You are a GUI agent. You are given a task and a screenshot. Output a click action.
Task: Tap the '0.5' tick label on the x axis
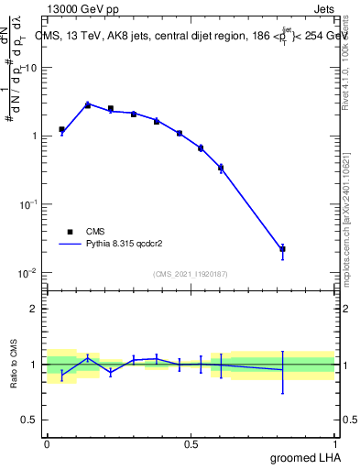point(191,444)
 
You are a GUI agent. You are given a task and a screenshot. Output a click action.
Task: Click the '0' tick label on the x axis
point(47,444)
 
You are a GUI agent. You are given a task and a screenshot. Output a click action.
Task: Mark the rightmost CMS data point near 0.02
point(282,248)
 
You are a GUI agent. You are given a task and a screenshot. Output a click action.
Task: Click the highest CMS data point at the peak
point(88,105)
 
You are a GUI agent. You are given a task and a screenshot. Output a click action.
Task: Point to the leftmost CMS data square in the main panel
point(61,130)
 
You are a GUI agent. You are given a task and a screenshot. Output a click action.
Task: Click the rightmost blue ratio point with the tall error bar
point(282,370)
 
